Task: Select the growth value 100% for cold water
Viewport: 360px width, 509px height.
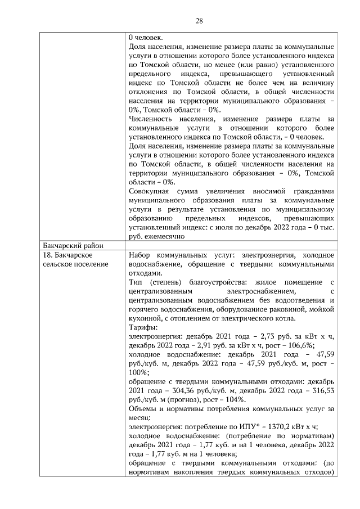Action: coord(138,372)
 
